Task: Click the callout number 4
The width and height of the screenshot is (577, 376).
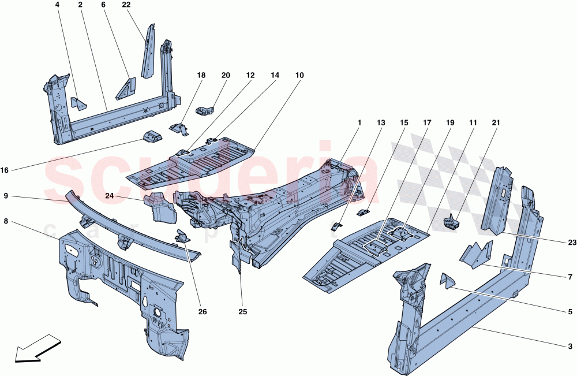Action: tap(57, 5)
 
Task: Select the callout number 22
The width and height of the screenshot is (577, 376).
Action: tap(126, 5)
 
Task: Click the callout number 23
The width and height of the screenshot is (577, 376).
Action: tap(571, 243)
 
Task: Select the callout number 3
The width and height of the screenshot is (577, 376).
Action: tap(571, 347)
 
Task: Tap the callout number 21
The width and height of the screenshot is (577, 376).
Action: tap(496, 123)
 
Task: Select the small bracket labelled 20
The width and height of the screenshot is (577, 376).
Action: tap(204, 110)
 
